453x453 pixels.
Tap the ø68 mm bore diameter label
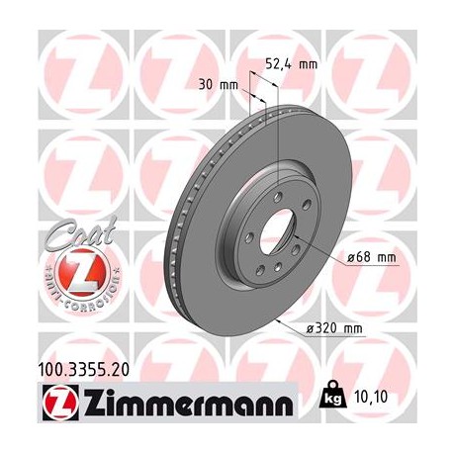point(370,258)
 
